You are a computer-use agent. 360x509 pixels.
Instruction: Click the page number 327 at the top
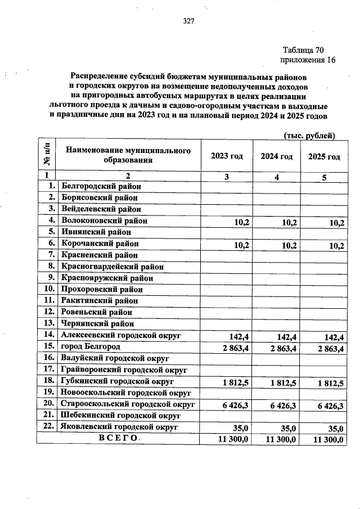[188, 21]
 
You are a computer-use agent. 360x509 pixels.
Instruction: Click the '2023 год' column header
[227, 156]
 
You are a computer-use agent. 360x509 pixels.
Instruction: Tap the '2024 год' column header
[276, 156]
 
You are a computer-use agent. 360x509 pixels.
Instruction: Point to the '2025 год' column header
[324, 156]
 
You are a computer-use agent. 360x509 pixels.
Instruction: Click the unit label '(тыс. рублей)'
[309, 136]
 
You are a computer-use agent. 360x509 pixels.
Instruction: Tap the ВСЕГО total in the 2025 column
[328, 439]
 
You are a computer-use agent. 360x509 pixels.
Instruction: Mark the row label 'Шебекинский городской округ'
[120, 416]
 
